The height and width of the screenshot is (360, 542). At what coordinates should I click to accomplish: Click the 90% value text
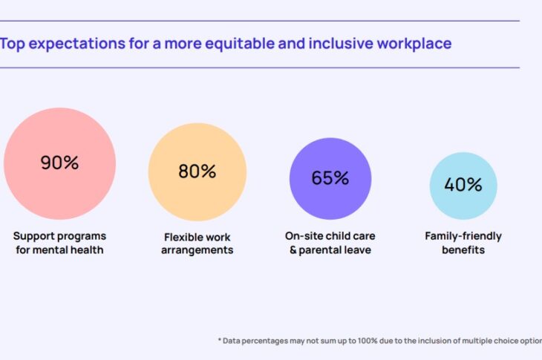click(59, 163)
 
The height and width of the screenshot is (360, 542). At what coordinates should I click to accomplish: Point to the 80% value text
click(197, 171)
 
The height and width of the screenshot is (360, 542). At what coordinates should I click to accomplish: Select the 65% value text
click(330, 178)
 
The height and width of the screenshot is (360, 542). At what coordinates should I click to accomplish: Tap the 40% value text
click(463, 185)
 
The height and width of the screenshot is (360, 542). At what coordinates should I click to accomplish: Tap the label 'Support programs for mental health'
click(59, 243)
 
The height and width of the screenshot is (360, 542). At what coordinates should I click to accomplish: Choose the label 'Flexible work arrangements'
click(197, 243)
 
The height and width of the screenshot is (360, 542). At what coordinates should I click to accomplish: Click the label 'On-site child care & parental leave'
click(330, 243)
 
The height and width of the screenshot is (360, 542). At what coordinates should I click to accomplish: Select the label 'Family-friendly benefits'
click(463, 243)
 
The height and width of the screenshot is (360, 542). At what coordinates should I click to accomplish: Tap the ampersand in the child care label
click(293, 250)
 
